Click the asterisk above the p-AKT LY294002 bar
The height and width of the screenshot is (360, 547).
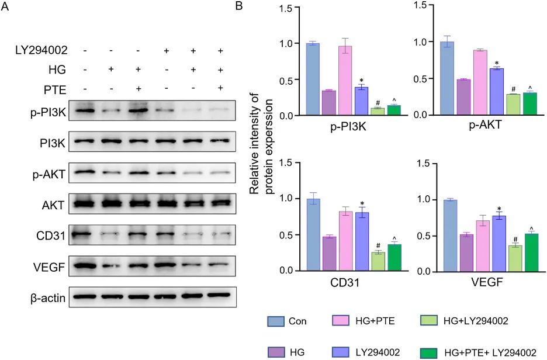497,63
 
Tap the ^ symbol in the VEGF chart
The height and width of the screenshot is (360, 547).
531,228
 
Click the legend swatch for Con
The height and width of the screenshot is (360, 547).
276,321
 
